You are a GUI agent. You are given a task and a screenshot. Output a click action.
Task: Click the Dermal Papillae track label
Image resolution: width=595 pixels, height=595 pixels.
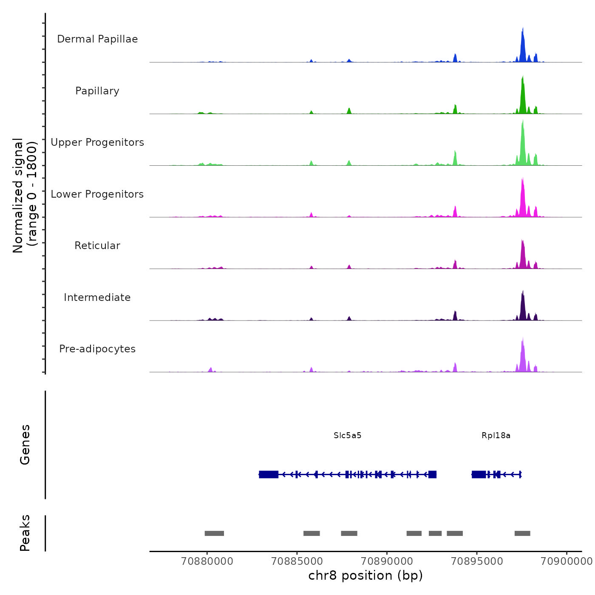[97, 39]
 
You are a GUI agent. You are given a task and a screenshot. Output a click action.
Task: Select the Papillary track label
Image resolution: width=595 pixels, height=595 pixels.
[97, 91]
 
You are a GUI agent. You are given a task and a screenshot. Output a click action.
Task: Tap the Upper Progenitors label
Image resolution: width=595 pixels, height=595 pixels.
[97, 142]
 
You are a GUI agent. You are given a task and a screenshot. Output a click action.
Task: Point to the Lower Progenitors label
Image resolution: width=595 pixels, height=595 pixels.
[97, 194]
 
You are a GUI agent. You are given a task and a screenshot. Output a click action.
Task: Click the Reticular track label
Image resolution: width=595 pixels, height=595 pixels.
[97, 246]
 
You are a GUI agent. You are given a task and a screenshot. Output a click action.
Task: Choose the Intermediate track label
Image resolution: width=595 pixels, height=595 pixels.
[97, 297]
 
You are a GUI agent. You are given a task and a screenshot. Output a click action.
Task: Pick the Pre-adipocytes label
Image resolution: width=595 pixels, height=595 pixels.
[97, 349]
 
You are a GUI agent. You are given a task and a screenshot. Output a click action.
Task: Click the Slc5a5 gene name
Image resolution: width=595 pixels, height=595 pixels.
[347, 436]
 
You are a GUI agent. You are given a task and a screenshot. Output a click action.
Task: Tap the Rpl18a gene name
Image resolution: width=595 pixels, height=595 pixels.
[496, 436]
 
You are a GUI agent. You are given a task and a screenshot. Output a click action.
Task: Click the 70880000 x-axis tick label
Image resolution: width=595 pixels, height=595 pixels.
[207, 561]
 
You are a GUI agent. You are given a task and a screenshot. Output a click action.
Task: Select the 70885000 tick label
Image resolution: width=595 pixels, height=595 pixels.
[297, 561]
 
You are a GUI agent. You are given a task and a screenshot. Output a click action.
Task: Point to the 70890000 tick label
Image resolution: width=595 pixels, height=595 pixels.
[387, 561]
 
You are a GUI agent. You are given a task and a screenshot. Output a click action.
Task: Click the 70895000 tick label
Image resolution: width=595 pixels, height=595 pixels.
[477, 561]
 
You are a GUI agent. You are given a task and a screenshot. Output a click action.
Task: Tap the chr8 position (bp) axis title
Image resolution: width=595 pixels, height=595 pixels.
[365, 576]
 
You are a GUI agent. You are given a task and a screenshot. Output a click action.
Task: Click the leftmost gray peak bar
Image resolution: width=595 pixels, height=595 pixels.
[214, 533]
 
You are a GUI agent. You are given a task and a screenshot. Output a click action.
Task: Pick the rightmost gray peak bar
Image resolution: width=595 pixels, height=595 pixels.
[522, 533]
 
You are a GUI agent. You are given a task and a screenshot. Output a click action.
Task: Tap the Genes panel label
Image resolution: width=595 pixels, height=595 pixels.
[25, 445]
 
